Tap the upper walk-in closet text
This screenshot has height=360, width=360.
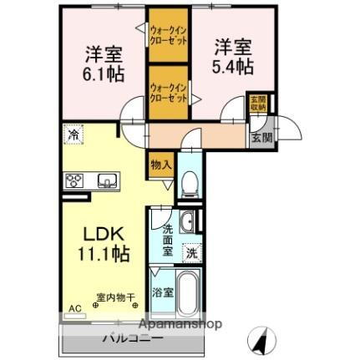[167, 36]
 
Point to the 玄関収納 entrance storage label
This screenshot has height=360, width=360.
[258, 104]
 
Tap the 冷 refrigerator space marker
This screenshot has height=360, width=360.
[75, 134]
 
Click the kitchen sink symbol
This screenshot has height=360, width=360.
[106, 180]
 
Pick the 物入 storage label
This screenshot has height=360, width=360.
[161, 165]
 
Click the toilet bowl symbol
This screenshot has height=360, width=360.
[189, 179]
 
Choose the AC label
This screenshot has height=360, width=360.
[75, 309]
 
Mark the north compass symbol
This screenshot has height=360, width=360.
[261, 339]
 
